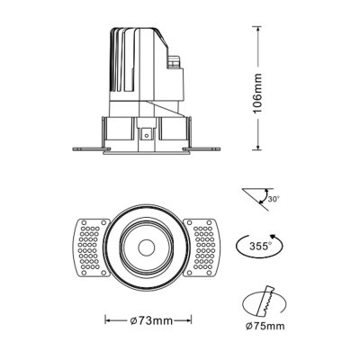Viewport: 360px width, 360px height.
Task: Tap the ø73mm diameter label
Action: coord(150,319)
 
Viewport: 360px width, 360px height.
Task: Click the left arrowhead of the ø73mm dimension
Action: coord(108,319)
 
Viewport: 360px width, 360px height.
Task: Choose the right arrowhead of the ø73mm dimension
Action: coord(193,319)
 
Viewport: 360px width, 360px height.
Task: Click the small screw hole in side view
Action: coord(147,135)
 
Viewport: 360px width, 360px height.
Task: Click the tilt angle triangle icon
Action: coord(256,196)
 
